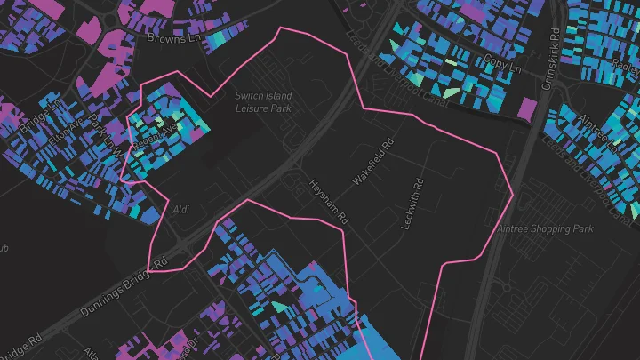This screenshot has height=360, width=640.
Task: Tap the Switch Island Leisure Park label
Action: [x=263, y=101]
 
